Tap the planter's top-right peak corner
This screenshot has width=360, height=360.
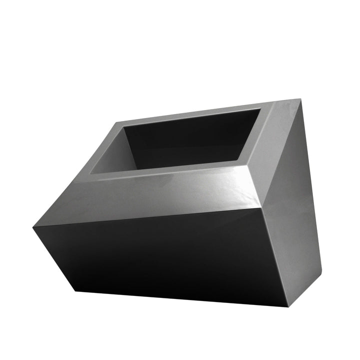click(x=301, y=100)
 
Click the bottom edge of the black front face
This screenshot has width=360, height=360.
click(x=185, y=297)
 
